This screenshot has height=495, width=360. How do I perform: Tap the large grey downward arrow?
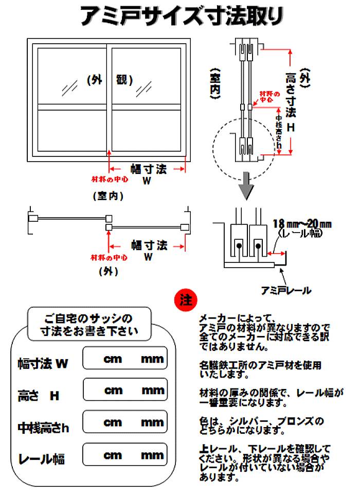coord(248,188)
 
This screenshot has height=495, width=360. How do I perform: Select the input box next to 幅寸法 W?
coord(125,359)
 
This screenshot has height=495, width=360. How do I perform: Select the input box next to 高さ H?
coord(125,390)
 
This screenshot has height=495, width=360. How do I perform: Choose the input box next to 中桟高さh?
coord(125,422)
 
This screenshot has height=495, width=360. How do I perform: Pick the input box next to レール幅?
coord(125,455)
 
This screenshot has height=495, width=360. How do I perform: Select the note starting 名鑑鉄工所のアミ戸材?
coord(260,369)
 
